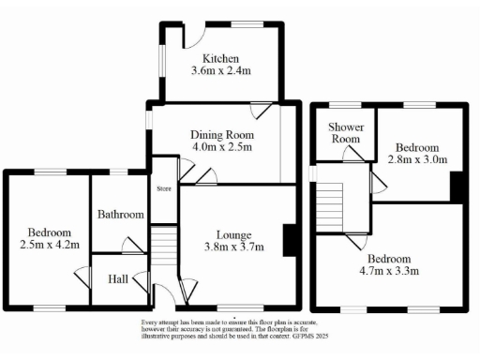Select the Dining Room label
[217, 132]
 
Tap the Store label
[164, 189]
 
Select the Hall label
[118, 278]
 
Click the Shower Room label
[344, 133]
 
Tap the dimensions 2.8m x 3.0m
[418, 160]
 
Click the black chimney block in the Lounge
[291, 239]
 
